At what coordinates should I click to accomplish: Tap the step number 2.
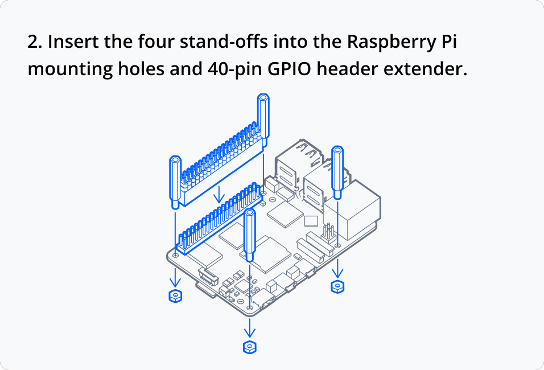[35, 42]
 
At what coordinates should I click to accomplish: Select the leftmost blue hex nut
[175, 295]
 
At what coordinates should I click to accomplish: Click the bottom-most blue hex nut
[249, 346]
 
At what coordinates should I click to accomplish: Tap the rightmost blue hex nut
[337, 286]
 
